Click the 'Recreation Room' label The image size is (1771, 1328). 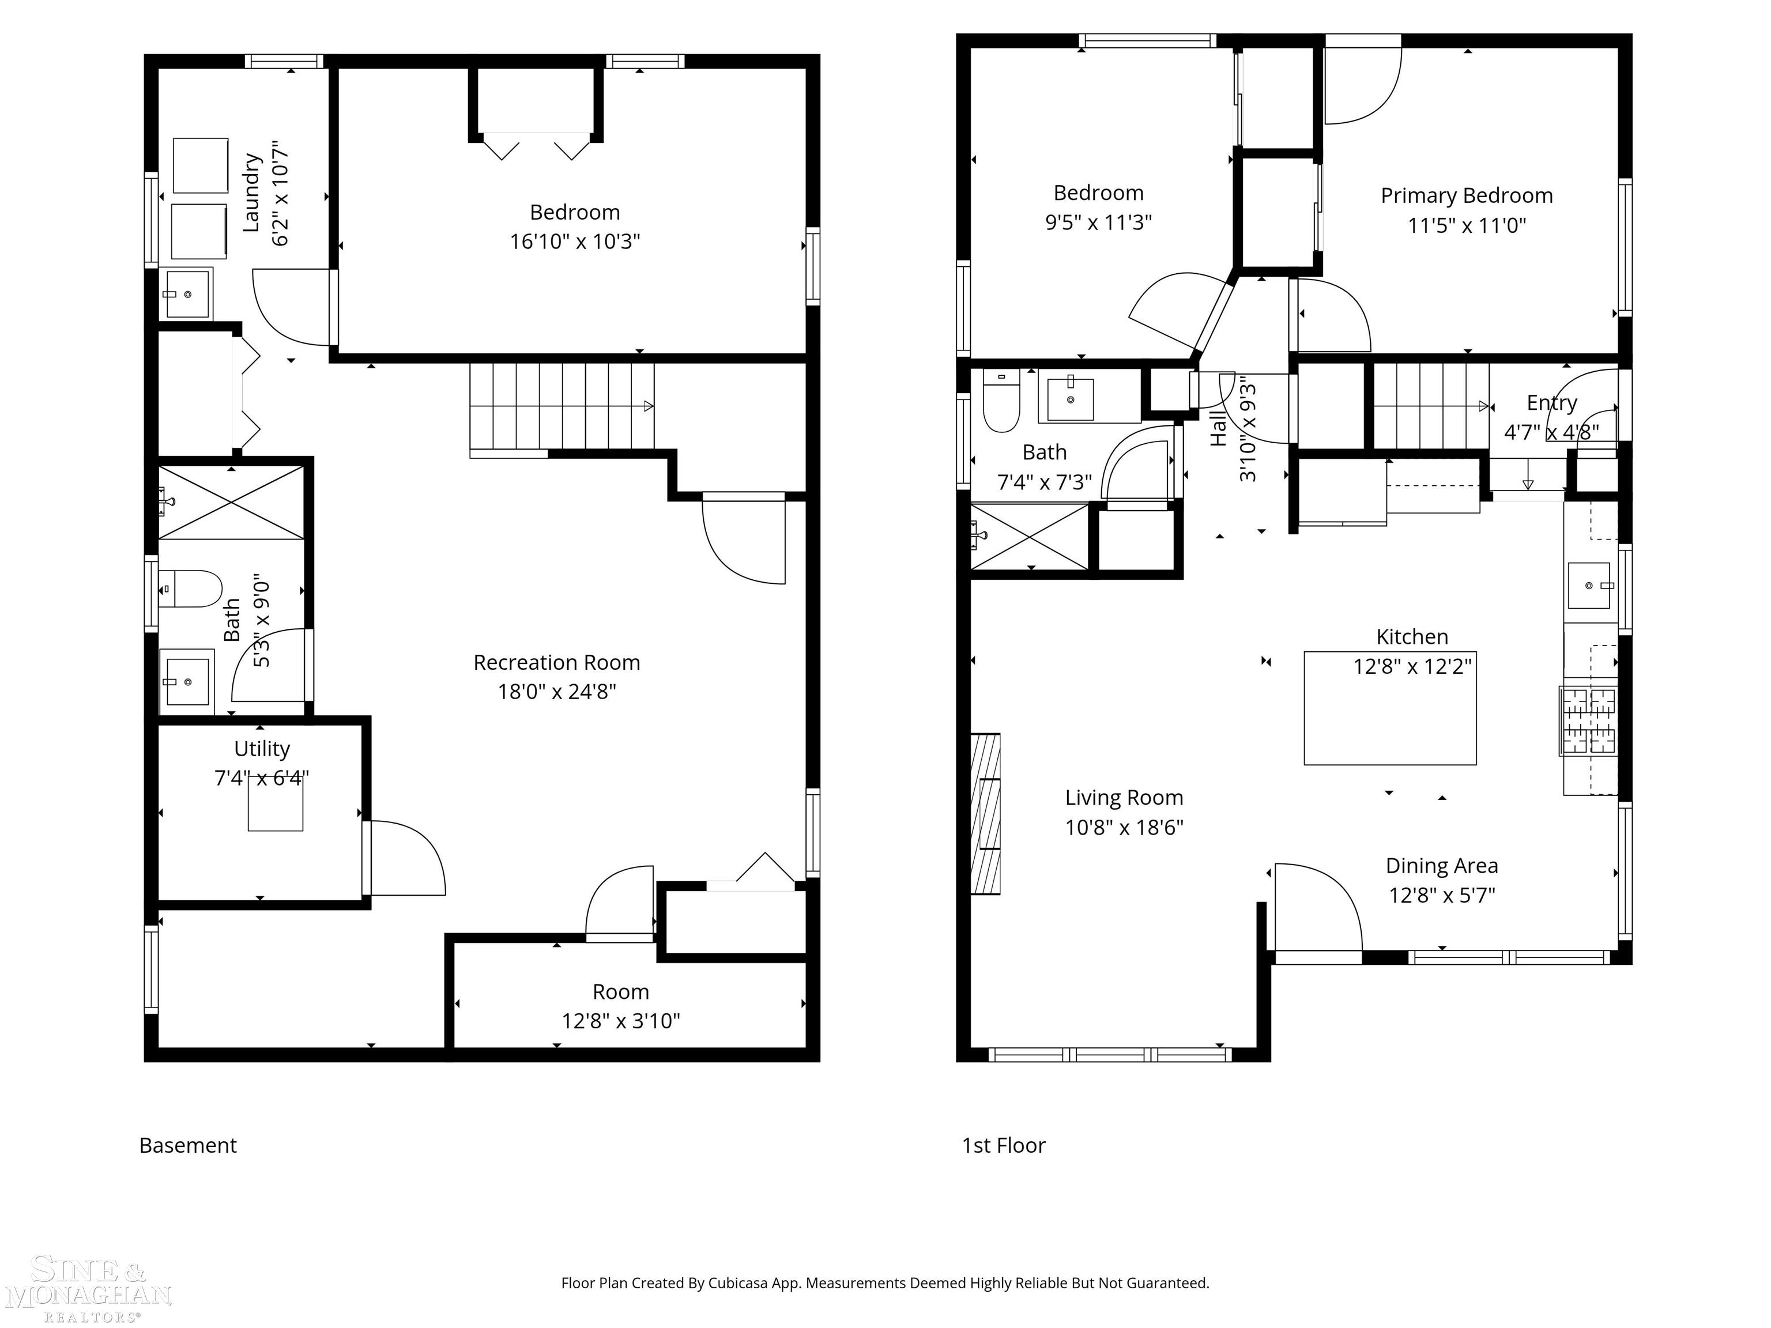click(x=556, y=663)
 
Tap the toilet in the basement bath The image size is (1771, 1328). click(x=191, y=589)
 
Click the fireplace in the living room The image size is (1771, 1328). click(x=986, y=813)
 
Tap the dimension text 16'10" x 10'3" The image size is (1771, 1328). click(x=575, y=241)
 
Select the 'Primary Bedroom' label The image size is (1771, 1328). click(x=1466, y=195)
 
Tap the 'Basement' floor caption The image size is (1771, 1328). click(x=188, y=1145)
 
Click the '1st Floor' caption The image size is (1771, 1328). click(x=1003, y=1145)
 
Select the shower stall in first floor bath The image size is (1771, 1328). click(x=1030, y=536)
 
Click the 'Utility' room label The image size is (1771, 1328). click(x=262, y=749)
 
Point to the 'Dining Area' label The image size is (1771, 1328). click(x=1441, y=865)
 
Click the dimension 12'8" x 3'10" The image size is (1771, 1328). click(x=620, y=1021)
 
